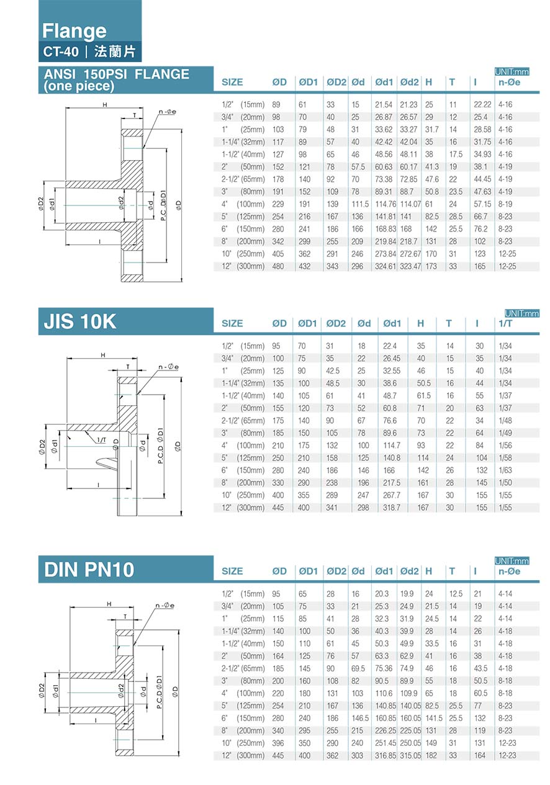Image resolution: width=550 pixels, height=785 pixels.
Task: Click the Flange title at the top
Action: point(74,31)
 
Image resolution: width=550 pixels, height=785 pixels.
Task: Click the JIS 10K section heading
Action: point(80,321)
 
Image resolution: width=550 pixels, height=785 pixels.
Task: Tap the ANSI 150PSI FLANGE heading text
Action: point(116,74)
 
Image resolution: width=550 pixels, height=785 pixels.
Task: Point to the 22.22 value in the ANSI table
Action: point(482,104)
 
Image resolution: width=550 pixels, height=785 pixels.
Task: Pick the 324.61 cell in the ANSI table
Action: point(385,266)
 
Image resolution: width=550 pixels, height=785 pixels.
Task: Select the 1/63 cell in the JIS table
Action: point(505,470)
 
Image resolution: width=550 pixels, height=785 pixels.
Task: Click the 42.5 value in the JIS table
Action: point(333,370)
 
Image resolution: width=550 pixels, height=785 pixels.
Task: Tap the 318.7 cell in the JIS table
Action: point(391,508)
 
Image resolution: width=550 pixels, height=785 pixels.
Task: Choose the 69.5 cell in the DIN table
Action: point(358,669)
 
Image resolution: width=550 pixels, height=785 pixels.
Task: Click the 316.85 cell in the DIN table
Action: point(385,756)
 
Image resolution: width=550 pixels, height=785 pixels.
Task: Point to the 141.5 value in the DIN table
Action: point(434,719)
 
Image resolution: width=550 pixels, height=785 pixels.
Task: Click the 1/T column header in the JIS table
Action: point(505,323)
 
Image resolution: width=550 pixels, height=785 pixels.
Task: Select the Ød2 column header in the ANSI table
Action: point(409,82)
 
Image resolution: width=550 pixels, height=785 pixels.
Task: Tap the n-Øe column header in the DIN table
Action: point(509,572)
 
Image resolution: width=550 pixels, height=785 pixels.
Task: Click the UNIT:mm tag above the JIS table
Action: point(521,313)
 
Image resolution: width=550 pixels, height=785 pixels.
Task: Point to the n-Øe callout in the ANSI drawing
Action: point(167,112)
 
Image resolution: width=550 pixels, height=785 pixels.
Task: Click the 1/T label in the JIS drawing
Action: point(102,440)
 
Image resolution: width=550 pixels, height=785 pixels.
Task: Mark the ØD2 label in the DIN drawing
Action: point(42,690)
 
